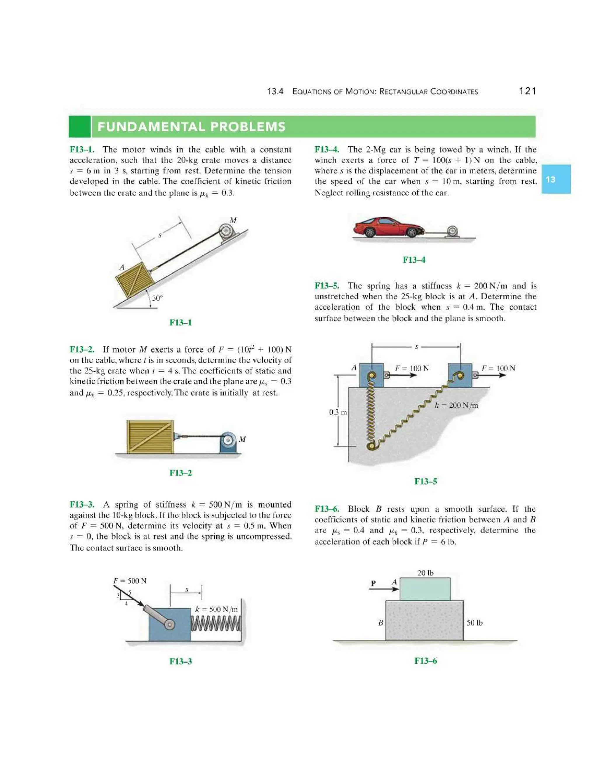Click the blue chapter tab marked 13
pyautogui.click(x=555, y=179)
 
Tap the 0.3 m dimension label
pyautogui.click(x=337, y=412)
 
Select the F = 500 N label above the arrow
pyautogui.click(x=130, y=581)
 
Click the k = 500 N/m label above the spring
pyautogui.click(x=216, y=609)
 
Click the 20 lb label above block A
pyautogui.click(x=425, y=573)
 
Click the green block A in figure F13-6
pyautogui.click(x=425, y=589)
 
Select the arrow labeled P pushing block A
pyautogui.click(x=384, y=589)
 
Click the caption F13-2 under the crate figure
pyautogui.click(x=180, y=473)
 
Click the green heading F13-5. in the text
pyautogui.click(x=327, y=286)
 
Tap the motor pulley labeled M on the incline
pyautogui.click(x=226, y=231)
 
